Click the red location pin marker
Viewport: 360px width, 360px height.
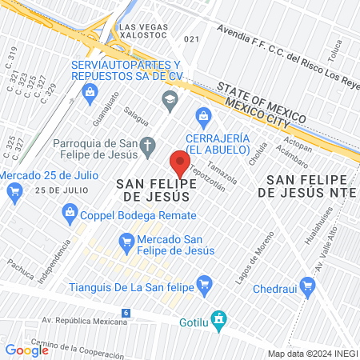tap(178, 164)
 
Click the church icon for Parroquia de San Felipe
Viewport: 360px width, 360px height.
tap(147, 146)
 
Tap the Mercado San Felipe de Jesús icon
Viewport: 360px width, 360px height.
tap(126, 241)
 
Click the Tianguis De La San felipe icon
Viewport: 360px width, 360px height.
tap(204, 282)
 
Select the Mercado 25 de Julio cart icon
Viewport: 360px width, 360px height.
tap(14, 191)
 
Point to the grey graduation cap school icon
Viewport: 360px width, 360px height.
tap(169, 99)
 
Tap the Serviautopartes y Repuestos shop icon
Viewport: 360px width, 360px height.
tap(88, 93)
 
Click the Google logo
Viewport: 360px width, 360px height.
tap(26, 350)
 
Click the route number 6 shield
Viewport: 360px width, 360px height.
tap(126, 311)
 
